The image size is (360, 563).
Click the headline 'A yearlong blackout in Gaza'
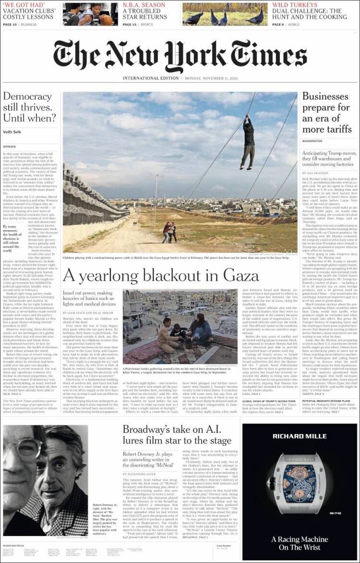coord(161,275)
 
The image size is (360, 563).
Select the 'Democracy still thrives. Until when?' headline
coord(29,107)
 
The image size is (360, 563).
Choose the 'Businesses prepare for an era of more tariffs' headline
coord(326,112)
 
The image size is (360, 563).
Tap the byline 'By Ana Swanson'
coord(314,173)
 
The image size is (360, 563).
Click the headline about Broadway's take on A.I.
coord(177,435)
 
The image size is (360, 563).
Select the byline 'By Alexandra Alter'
coord(142,474)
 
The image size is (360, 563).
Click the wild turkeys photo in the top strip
coord(225,14)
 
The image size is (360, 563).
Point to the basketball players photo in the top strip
coord(90,14)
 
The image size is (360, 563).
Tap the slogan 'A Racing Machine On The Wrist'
coord(300,543)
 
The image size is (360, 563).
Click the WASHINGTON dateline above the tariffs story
coord(312,141)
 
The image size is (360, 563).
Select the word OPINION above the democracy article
coord(10,147)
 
